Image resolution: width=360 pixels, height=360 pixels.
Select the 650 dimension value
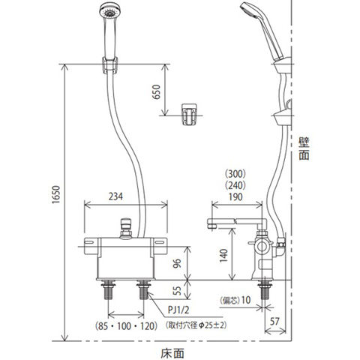click(157, 91)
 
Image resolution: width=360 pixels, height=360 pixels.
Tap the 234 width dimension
click(115, 196)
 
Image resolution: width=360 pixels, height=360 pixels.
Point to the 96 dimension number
click(177, 263)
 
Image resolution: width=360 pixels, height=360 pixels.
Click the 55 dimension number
click(177, 290)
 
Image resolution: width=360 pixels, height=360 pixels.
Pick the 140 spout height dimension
click(223, 256)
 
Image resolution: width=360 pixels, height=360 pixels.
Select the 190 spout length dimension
click(235, 197)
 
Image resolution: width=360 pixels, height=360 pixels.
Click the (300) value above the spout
click(235, 173)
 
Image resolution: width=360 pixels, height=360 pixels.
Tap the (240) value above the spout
click(235, 185)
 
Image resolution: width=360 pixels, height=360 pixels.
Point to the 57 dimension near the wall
click(274, 322)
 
